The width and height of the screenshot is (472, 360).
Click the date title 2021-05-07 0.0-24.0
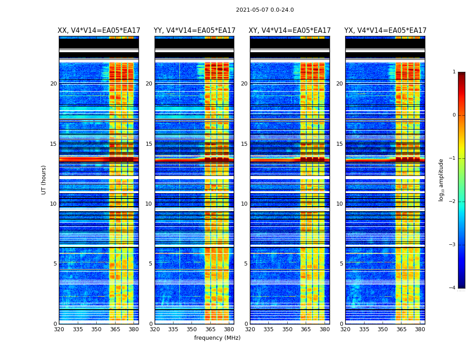(265, 10)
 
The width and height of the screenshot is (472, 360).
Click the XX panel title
(99, 31)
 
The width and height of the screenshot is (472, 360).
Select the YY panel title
(194, 31)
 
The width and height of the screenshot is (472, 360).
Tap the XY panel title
(290, 31)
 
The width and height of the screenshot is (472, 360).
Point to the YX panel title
(385, 31)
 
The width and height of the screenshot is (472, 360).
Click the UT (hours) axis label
(44, 180)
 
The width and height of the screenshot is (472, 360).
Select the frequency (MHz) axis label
(217, 338)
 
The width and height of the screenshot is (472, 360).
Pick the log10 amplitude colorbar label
(441, 180)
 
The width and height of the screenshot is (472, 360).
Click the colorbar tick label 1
(454, 72)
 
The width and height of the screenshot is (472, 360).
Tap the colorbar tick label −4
(453, 288)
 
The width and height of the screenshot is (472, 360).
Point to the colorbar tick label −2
(453, 202)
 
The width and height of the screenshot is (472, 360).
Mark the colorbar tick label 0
(454, 115)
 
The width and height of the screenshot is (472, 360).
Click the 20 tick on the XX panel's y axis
(53, 84)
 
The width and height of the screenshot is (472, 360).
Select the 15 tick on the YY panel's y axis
(149, 144)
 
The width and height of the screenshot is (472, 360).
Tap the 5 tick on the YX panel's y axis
(342, 264)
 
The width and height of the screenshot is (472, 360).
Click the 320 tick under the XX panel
(59, 329)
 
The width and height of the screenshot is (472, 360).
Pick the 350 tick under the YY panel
(192, 329)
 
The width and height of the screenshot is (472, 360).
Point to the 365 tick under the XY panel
(306, 329)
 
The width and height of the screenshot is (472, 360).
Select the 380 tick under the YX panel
(420, 329)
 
